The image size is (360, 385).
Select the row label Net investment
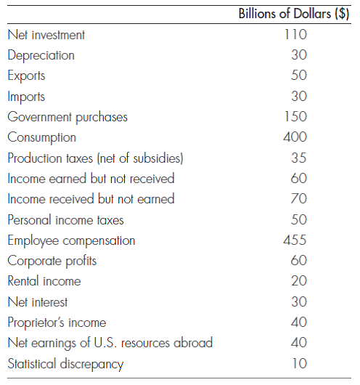click(46, 35)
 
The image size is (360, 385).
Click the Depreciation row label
click(41, 55)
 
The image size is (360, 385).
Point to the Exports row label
click(26, 76)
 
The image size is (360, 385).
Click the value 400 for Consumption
click(295, 137)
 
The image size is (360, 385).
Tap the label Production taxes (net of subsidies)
click(94, 158)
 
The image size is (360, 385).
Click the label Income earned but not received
click(91, 178)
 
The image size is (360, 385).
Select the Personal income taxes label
click(65, 219)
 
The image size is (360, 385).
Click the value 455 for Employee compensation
click(295, 240)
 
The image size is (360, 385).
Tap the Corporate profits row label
click(52, 260)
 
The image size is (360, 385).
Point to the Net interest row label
click(37, 301)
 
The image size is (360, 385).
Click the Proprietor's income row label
click(57, 322)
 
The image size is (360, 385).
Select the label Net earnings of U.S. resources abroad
click(110, 343)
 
